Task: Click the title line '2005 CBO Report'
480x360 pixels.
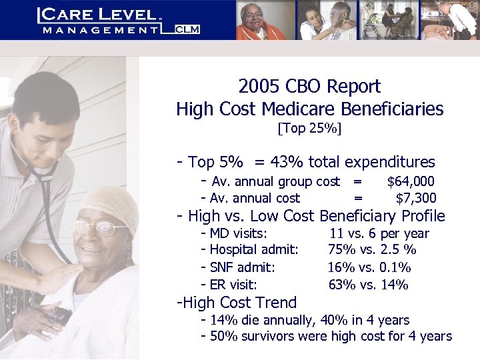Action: (x=309, y=86)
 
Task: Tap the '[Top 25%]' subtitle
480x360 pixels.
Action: (x=309, y=127)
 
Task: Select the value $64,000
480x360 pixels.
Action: (x=411, y=181)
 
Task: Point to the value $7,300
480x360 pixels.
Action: (x=416, y=198)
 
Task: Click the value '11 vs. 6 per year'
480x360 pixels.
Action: (x=379, y=233)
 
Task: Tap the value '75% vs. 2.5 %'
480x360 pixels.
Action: (x=372, y=250)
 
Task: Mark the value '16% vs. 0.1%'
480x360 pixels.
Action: (x=369, y=267)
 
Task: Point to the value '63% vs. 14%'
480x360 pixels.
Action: (x=368, y=285)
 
